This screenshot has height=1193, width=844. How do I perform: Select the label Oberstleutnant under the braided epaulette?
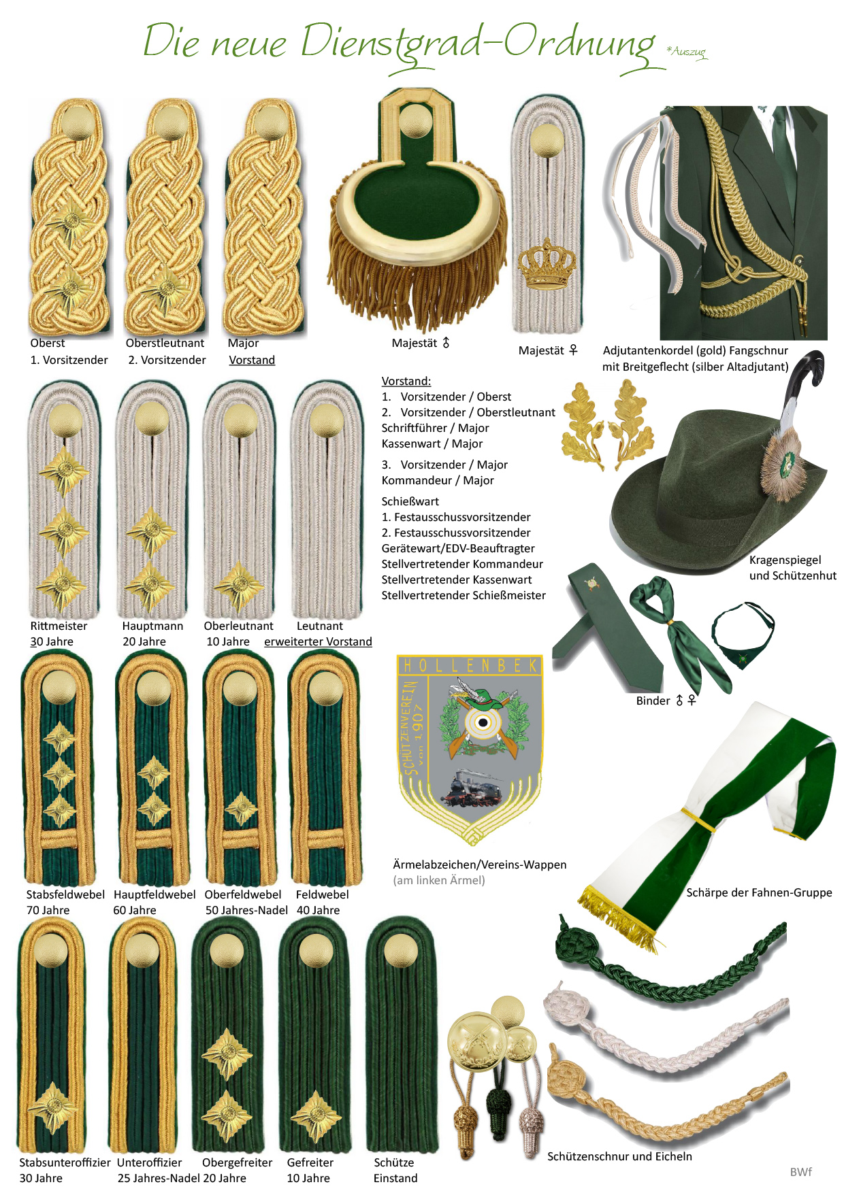coord(165,343)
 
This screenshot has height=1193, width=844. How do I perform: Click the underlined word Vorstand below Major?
coord(252,360)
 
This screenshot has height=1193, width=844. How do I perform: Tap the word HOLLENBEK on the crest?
coord(470,665)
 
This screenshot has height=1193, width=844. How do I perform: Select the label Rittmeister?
coord(59,626)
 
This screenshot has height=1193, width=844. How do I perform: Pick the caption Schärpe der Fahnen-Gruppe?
coord(759,893)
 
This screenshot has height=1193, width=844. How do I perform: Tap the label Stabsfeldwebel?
coord(65,895)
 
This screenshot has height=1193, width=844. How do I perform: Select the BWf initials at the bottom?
coord(801,1172)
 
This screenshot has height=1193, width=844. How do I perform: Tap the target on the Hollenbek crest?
coord(483,722)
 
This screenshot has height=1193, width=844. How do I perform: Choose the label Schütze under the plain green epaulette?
coord(394,1163)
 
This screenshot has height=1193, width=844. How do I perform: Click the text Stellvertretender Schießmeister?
coord(464,596)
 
